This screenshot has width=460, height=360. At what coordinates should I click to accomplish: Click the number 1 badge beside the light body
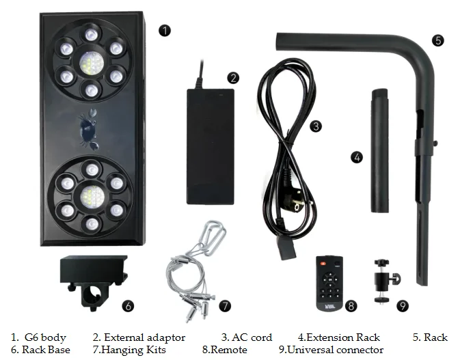[163, 30]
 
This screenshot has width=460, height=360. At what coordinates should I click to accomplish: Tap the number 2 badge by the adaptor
[233, 77]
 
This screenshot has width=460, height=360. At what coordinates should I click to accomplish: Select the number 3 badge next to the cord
[315, 126]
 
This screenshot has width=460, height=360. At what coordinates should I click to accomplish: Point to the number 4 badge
[356, 156]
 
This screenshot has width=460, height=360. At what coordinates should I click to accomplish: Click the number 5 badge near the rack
[438, 40]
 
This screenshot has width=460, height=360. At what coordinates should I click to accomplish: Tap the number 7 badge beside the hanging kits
[224, 305]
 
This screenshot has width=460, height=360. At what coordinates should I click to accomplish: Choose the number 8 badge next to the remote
[351, 305]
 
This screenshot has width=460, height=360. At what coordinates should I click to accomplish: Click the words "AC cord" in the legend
[253, 337]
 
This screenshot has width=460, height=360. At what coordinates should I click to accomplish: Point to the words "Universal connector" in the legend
[334, 350]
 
